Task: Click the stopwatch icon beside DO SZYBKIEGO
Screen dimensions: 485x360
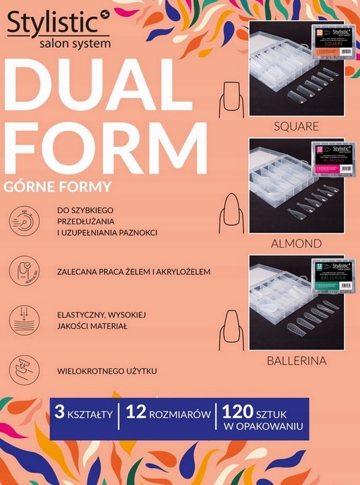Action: point(24,221)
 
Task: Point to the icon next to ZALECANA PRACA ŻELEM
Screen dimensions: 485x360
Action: point(24,271)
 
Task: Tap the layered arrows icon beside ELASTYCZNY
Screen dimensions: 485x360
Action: point(24,320)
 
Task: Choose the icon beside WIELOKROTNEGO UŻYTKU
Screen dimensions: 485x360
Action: point(24,370)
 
